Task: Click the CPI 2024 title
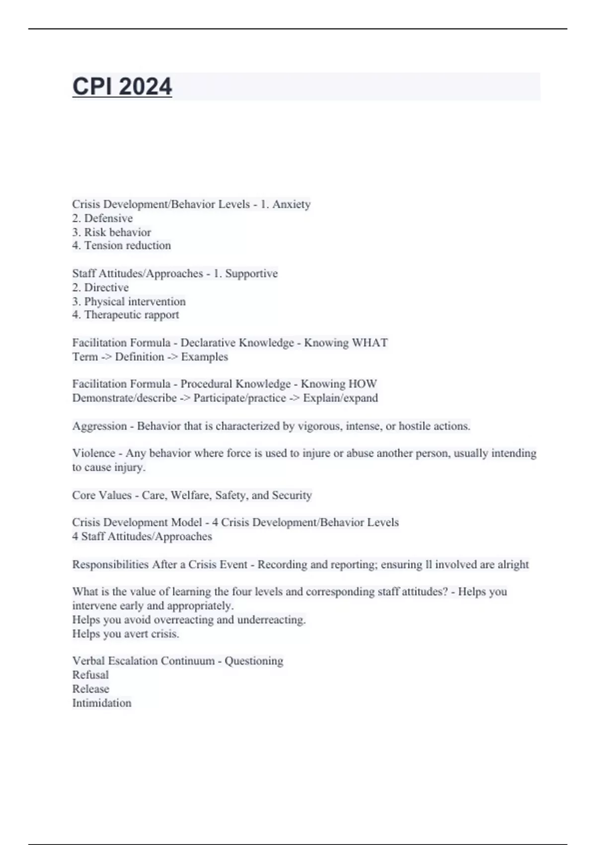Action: (x=122, y=86)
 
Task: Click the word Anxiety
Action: (x=291, y=204)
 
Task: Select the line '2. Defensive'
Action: (x=102, y=218)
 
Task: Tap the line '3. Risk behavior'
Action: (x=111, y=232)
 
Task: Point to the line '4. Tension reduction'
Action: (x=121, y=246)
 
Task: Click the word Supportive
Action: (x=251, y=273)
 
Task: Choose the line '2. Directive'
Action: (x=100, y=287)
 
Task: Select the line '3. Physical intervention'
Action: (x=129, y=301)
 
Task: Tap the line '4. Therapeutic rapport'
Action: (x=125, y=315)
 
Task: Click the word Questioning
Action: (x=254, y=661)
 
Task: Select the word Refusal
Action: (x=90, y=675)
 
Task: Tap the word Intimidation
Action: (x=102, y=703)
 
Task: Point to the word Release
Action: (x=90, y=689)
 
